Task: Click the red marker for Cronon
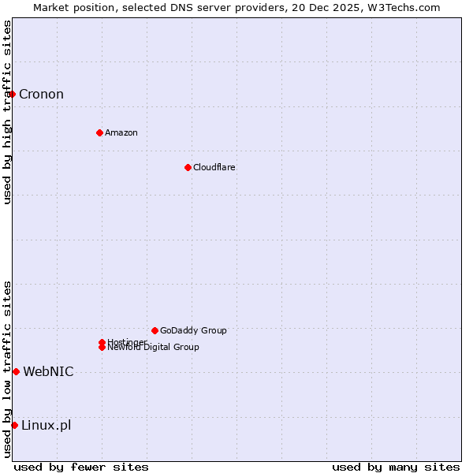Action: pos(12,95)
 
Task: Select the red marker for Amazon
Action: pos(99,132)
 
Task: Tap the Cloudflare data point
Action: pos(188,167)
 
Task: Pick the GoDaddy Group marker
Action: pos(155,330)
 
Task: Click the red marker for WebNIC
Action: pos(16,371)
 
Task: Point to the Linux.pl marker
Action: pos(14,425)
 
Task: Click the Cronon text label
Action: pos(41,95)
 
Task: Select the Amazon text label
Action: pos(121,132)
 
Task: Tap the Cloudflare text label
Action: pos(214,167)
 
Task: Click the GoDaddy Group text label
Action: pos(193,330)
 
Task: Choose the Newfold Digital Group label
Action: pos(153,348)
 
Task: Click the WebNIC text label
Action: pos(48,371)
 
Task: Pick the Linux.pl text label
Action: pos(46,425)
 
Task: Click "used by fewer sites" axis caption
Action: pos(81,467)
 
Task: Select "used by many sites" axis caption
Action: pos(396,467)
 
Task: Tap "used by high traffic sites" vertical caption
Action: pos(8,112)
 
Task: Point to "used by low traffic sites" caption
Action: pos(8,369)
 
